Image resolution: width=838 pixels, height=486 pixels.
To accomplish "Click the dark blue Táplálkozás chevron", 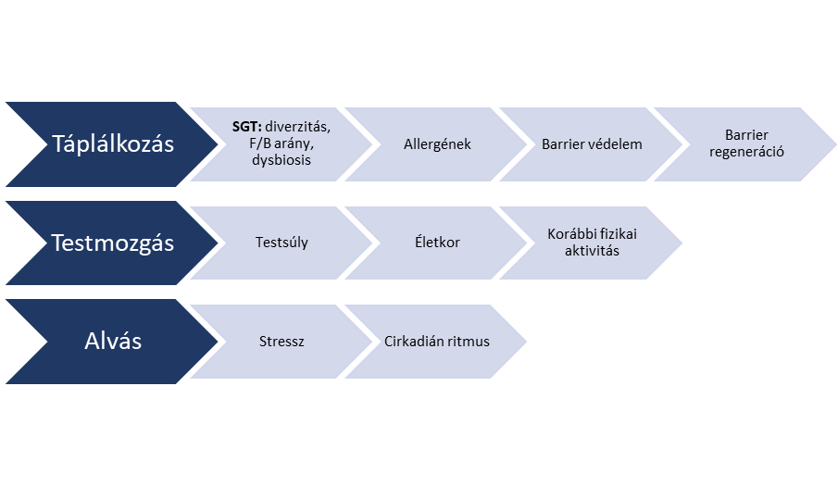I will [111, 144].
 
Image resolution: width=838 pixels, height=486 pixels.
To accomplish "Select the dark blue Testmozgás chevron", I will [111, 243].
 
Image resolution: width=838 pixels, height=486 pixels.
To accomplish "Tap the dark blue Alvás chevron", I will [111, 341].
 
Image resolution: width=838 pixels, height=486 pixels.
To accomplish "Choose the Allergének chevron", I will [437, 144].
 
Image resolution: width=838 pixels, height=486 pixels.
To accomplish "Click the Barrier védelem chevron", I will [592, 144].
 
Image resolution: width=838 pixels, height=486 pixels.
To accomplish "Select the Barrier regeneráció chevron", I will [746, 144].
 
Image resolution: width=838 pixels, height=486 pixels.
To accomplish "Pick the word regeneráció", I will [746, 152].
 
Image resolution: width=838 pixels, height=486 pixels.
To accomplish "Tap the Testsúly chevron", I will [281, 243].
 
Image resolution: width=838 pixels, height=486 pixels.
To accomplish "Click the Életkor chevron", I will [437, 243].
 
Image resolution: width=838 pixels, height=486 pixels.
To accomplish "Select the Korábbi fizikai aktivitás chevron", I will [592, 243].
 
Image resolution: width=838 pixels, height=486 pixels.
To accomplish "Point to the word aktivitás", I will [592, 251].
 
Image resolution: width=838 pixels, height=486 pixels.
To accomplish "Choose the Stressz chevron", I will [281, 342].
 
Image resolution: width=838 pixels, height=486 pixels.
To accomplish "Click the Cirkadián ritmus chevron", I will [437, 342].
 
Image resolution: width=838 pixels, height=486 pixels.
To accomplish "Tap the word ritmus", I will [469, 342].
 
